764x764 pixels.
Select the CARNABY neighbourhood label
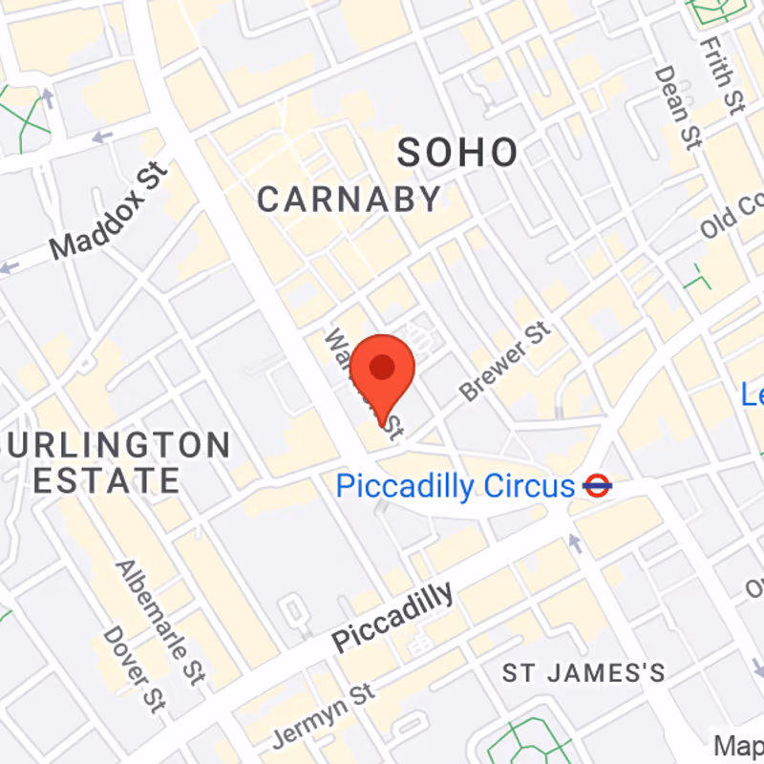(x=350, y=200)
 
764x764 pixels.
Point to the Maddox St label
(x=109, y=213)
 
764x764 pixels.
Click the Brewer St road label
(x=505, y=361)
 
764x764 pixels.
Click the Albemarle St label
(x=159, y=622)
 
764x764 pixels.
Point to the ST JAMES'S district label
(x=584, y=673)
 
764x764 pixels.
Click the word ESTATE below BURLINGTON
(x=107, y=479)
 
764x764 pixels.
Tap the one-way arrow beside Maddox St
(x=100, y=138)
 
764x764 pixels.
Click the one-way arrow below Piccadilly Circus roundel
(x=575, y=542)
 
